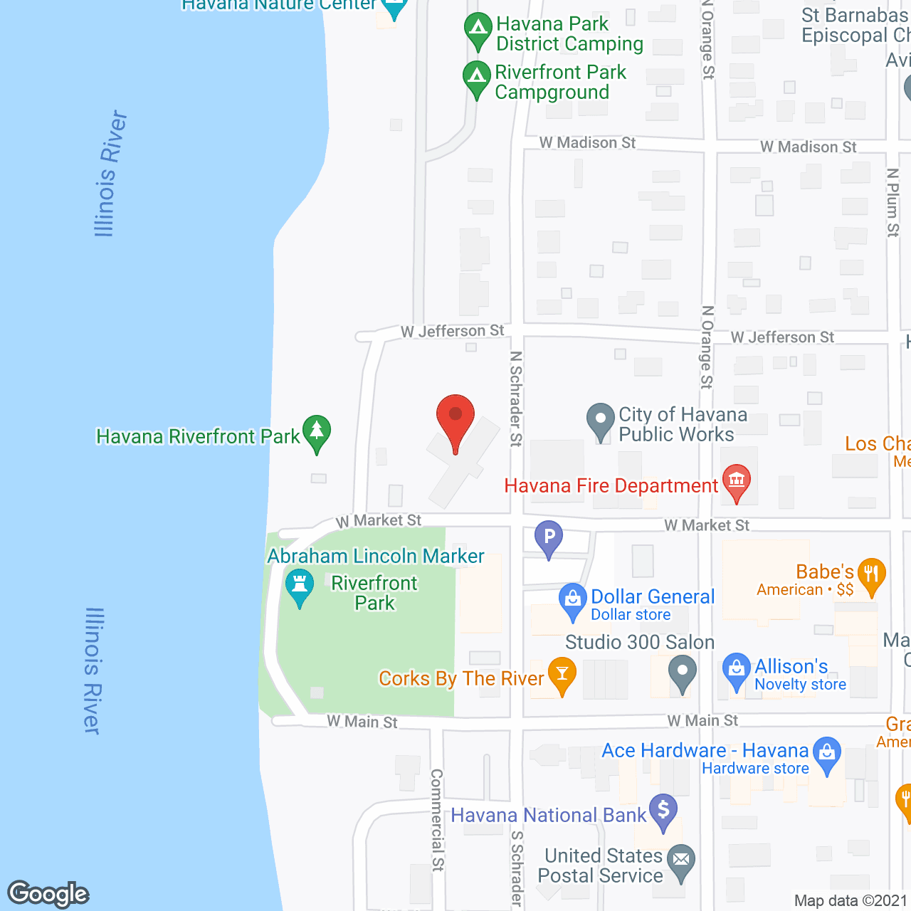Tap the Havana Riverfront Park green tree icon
(317, 432)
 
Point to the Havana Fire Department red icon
(736, 481)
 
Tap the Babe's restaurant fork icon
(871, 574)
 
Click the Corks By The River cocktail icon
(562, 674)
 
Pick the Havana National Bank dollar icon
(663, 811)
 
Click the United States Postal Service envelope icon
(681, 860)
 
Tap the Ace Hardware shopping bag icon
(827, 753)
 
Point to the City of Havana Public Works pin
(601, 419)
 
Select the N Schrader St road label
(516, 399)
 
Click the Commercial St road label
(437, 819)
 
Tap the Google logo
(48, 894)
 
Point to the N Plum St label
(892, 203)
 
